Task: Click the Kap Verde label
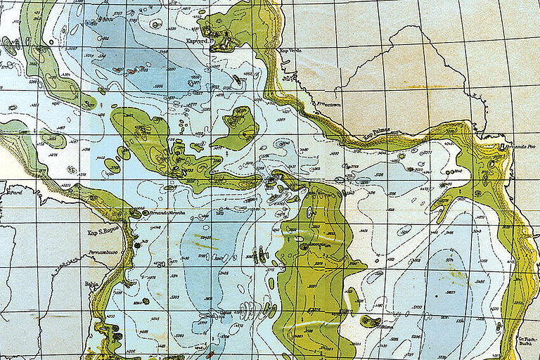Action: pos(290,51)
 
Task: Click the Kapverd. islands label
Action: pos(199,41)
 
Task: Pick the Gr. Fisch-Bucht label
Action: pos(527,342)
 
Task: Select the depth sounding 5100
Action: pos(417,307)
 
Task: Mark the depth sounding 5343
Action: pos(206,238)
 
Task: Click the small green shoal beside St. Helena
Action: pos(370,321)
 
